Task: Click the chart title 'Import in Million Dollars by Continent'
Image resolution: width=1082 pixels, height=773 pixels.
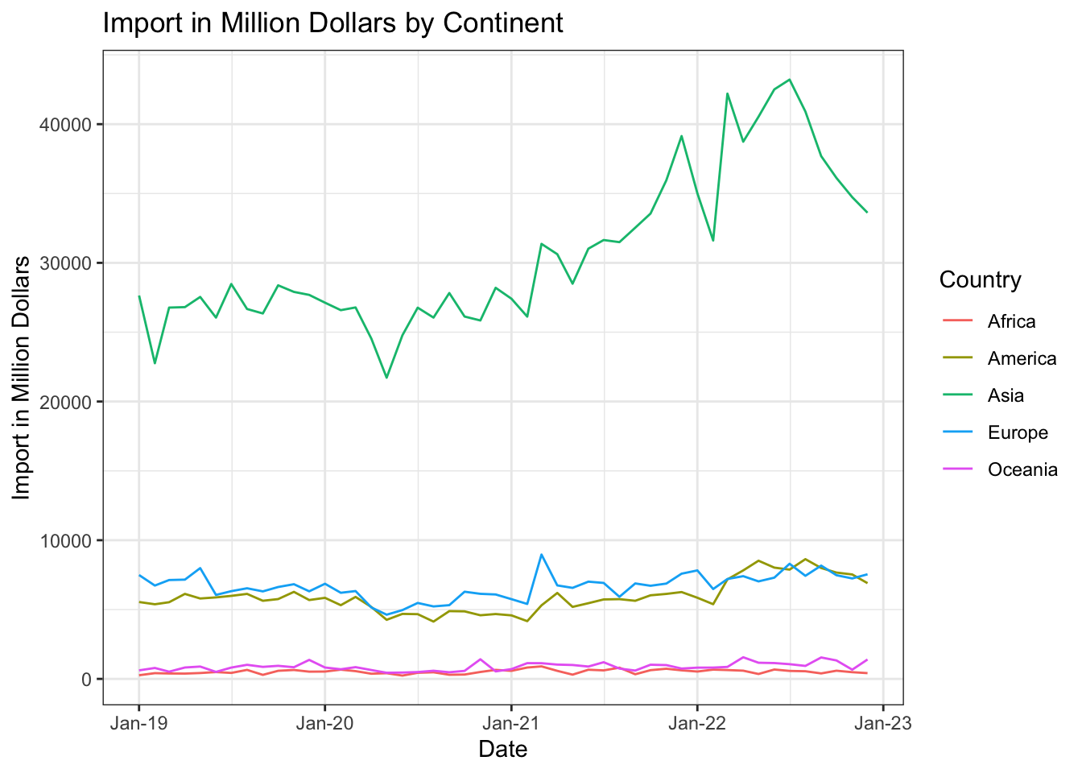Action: [332, 23]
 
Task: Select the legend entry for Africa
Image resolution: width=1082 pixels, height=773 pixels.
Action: [1011, 322]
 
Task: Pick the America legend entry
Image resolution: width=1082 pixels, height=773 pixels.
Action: [1022, 359]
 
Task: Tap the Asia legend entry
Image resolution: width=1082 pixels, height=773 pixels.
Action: [1006, 396]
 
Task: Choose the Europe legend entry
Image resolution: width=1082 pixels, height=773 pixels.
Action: [1018, 433]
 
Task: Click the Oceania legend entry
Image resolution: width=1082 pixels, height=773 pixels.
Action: [1022, 470]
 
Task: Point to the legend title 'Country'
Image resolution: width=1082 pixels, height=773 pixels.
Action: [980, 280]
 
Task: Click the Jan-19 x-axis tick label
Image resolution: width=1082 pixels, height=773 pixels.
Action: [138, 723]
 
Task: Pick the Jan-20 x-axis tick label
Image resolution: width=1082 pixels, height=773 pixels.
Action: [324, 723]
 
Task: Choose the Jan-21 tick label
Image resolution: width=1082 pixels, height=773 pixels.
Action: [511, 723]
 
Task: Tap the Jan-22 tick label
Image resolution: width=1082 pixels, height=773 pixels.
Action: [697, 723]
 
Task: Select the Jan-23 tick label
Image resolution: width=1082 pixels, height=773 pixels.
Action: [883, 723]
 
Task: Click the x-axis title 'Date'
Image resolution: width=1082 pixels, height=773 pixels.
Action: [502, 750]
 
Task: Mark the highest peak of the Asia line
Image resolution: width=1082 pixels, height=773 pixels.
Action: [790, 80]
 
